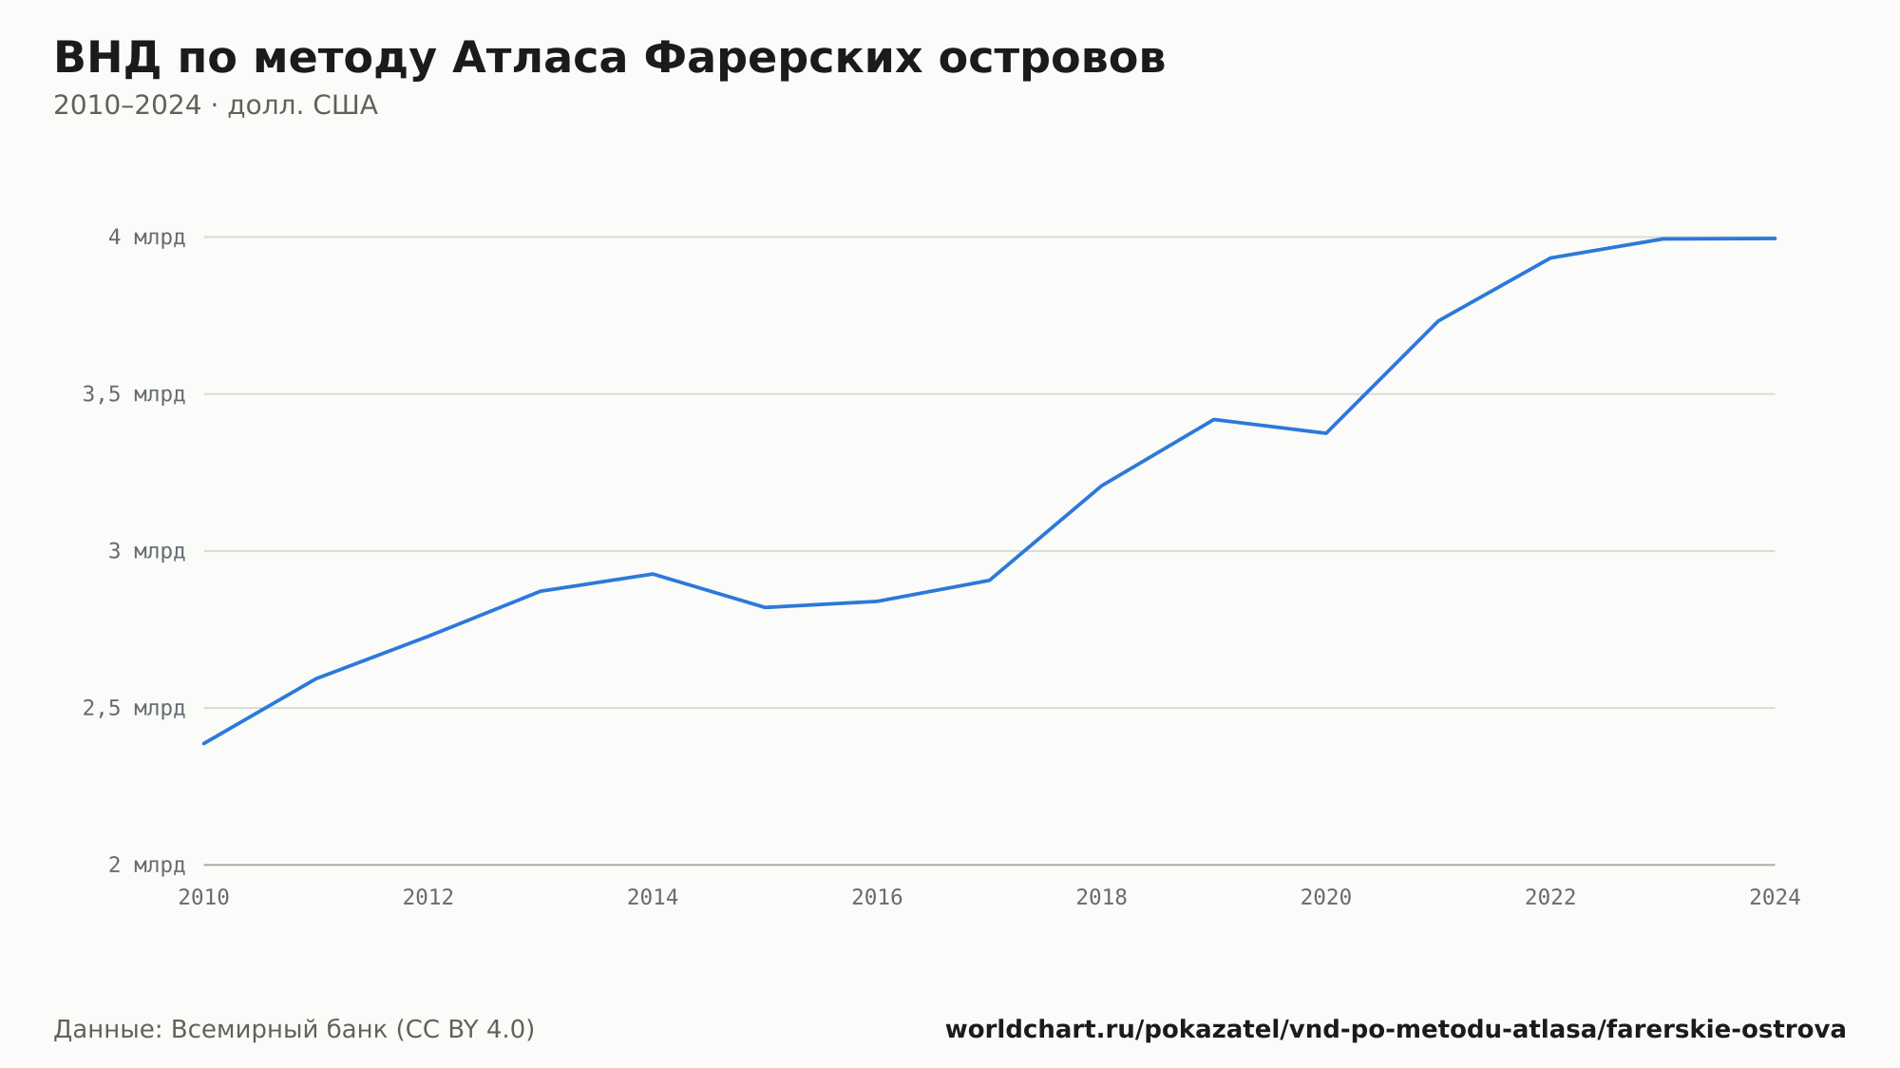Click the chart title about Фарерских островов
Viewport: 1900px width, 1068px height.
609,59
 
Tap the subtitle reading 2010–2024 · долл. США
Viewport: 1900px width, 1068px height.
216,105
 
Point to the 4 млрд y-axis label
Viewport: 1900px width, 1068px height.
146,238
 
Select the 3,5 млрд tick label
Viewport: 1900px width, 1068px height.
134,394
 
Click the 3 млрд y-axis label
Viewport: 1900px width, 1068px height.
146,551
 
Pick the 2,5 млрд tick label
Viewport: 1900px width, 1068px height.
134,708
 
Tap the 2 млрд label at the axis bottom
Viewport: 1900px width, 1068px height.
146,865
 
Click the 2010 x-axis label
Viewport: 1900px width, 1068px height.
204,897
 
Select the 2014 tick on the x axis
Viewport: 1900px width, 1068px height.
653,897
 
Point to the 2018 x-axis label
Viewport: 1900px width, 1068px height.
1101,897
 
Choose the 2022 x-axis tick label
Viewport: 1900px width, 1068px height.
1550,897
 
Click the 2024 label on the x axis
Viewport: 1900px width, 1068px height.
1775,897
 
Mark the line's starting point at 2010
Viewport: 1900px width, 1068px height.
204,743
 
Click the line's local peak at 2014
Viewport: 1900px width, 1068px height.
653,574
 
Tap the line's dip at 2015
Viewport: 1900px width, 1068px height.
765,607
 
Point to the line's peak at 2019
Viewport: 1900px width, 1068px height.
1214,419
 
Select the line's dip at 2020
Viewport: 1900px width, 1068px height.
1326,433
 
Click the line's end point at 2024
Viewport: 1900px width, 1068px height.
1775,238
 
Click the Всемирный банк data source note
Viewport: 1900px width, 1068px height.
294,1030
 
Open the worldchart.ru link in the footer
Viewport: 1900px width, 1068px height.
1396,1030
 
